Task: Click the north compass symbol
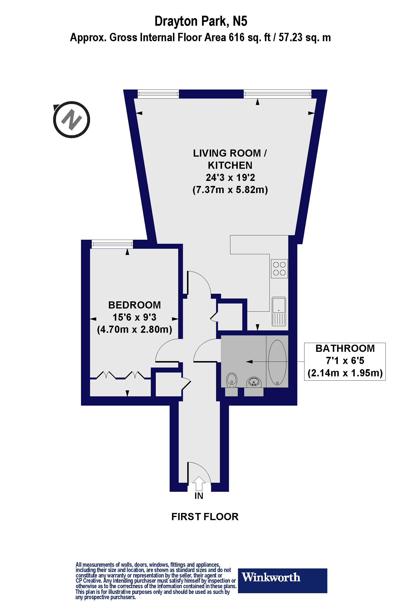click(71, 119)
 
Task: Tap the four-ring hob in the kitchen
click(279, 269)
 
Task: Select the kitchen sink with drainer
click(279, 311)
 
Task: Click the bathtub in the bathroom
click(277, 362)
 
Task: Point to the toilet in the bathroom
click(232, 380)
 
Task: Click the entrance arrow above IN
click(199, 483)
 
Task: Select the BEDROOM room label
click(134, 305)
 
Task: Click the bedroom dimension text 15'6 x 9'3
click(134, 317)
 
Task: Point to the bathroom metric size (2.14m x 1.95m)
click(345, 373)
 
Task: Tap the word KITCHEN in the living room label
click(230, 165)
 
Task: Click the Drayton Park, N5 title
click(201, 21)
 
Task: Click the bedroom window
click(112, 244)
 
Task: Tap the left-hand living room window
click(158, 94)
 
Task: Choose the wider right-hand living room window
click(277, 94)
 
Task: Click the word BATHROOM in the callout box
click(345, 348)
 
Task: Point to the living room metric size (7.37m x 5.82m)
click(230, 190)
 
